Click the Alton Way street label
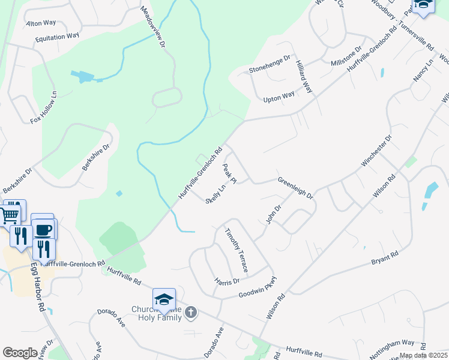click(x=41, y=23)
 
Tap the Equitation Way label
click(x=57, y=36)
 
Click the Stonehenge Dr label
click(x=270, y=64)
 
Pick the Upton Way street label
click(x=280, y=96)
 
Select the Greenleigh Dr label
click(x=295, y=188)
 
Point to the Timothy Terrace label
click(x=237, y=250)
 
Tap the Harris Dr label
click(x=228, y=281)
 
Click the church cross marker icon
click(x=191, y=312)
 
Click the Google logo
click(x=20, y=352)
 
